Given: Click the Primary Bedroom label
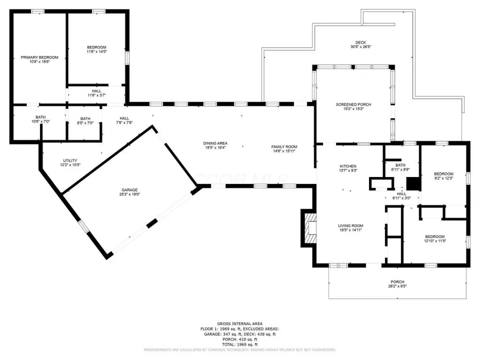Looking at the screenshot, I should (39, 57).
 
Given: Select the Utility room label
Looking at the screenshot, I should (70, 161).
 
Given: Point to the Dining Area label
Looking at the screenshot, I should (215, 143).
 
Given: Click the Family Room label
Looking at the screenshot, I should (284, 147).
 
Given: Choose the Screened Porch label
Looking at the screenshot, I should (353, 105).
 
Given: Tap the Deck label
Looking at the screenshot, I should (361, 43).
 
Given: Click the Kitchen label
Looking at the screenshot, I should (348, 166).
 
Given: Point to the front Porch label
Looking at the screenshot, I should (397, 282).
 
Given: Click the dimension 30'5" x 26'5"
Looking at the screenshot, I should (361, 47).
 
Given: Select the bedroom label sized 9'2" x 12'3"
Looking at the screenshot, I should (443, 174).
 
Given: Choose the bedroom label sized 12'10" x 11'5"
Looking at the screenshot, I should (435, 236).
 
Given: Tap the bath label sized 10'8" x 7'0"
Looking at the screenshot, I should (41, 117).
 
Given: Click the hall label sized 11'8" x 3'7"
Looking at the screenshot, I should (97, 91).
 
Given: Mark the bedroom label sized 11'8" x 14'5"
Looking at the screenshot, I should (97, 47).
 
